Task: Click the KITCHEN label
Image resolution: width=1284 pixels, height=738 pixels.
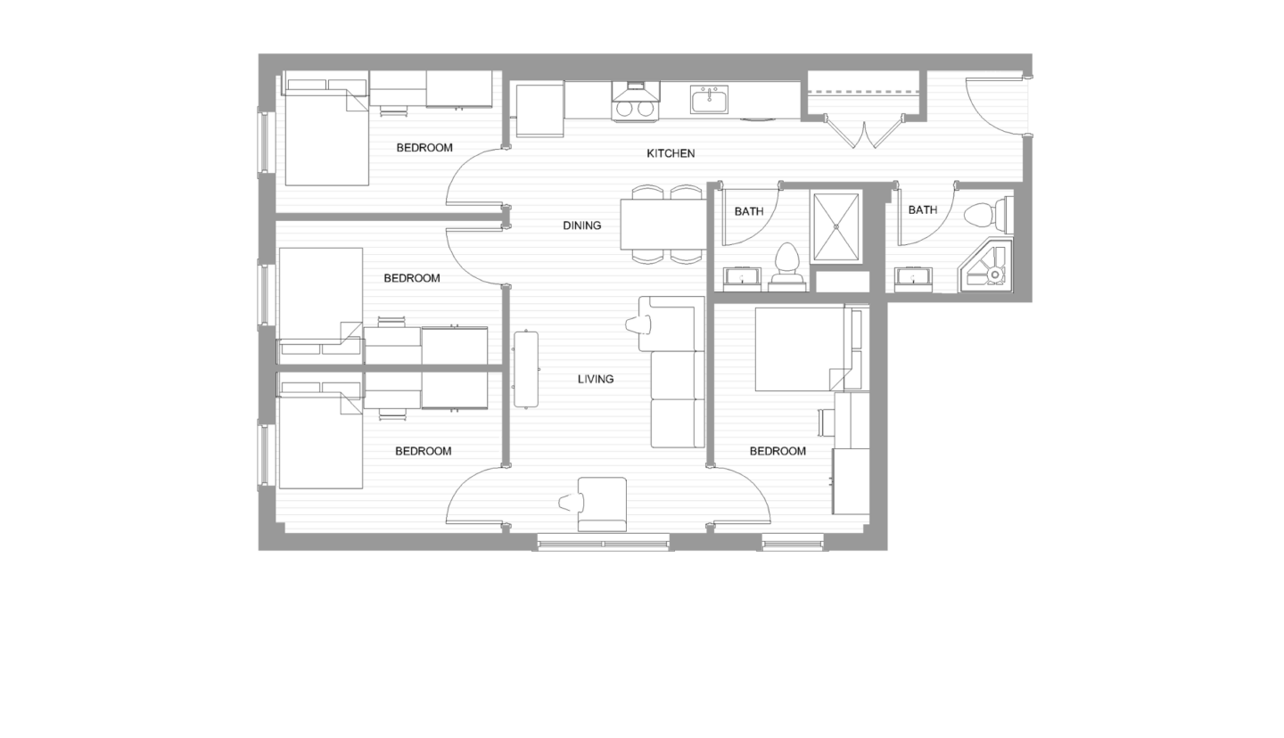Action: tap(671, 153)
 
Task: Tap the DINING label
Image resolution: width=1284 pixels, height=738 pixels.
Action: tap(581, 225)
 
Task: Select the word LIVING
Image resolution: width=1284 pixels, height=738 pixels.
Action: tap(595, 379)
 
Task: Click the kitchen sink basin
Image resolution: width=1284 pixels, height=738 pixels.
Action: tap(709, 100)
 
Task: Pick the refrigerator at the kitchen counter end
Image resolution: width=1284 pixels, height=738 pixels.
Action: tap(539, 110)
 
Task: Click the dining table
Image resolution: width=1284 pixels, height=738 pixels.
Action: tap(663, 225)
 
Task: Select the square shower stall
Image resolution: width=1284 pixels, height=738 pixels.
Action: tap(836, 226)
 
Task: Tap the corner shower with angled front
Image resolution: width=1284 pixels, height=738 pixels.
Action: tap(986, 266)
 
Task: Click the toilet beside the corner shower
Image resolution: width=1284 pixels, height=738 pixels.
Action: tap(988, 215)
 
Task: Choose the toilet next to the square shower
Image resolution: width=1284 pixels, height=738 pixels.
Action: tap(787, 265)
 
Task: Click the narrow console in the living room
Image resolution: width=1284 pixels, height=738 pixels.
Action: tap(526, 369)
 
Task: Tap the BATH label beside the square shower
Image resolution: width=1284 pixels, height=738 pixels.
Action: tap(748, 211)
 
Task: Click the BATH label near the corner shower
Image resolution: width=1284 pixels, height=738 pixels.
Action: tap(922, 210)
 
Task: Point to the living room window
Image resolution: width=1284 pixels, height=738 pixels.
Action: tap(603, 542)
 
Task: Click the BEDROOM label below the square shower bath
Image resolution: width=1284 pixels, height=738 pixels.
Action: tap(777, 451)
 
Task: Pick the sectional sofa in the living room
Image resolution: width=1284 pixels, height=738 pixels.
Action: tap(678, 374)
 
